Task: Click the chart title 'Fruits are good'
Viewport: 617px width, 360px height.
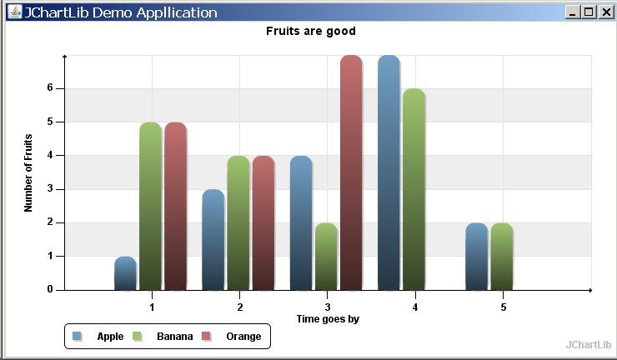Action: [311, 31]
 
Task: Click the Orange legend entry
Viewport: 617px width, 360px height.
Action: [243, 337]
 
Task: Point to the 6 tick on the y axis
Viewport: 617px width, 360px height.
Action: [50, 88]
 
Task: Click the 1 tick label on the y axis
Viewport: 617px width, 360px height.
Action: [50, 256]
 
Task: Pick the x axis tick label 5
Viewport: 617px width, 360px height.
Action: [503, 307]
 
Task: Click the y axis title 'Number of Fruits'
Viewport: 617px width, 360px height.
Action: [28, 172]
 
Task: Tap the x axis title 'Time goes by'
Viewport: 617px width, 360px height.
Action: [328, 318]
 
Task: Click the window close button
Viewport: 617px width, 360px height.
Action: [605, 12]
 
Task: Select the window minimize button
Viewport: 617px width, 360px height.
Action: [572, 12]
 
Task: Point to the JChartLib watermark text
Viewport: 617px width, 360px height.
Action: [589, 344]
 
